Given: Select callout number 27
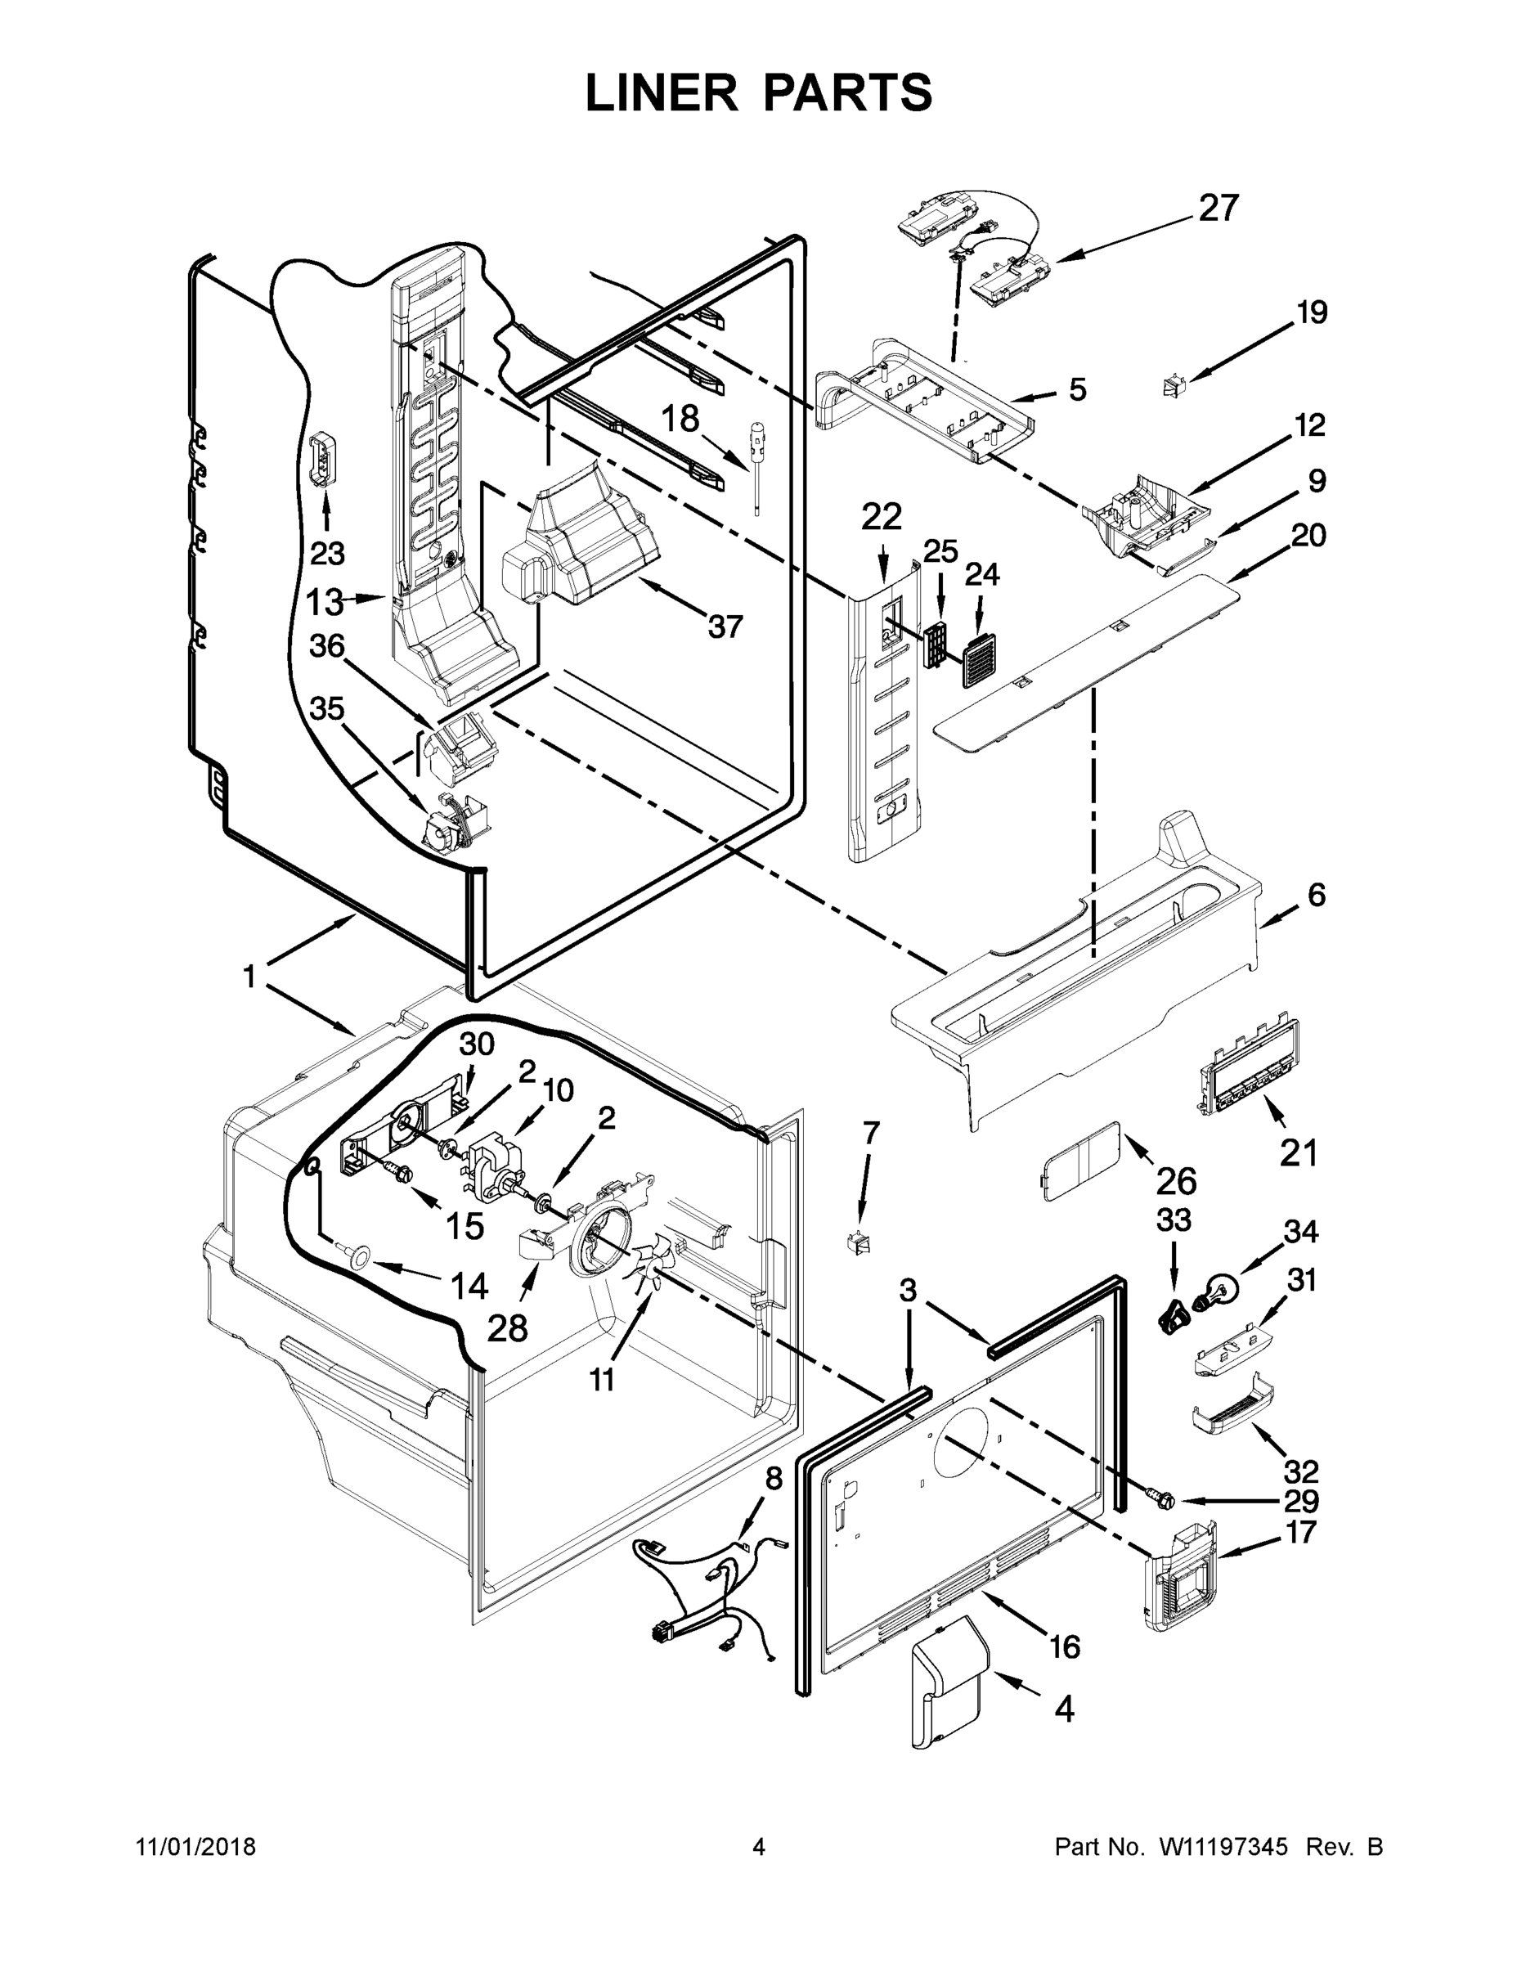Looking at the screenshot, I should tap(1219, 208).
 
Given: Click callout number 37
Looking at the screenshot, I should tap(725, 627).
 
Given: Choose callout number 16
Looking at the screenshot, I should tap(1064, 1646).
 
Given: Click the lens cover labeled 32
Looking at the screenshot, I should tap(1232, 1412).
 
